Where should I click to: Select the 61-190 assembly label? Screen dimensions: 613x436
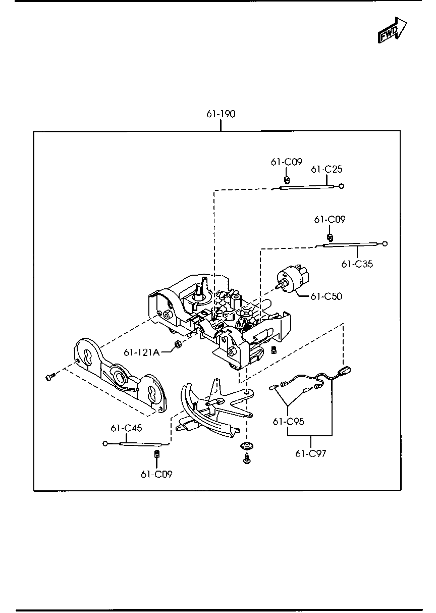[221, 114]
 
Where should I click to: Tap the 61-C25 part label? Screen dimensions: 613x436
[326, 169]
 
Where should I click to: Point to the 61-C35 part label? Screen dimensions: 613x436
[357, 264]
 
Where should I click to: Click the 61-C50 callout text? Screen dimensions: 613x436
[326, 296]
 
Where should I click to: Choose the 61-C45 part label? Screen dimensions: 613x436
[126, 428]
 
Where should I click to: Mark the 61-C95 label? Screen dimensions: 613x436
[288, 422]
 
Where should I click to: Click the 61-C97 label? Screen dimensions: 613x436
[311, 453]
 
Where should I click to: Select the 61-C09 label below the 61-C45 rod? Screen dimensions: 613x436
[156, 474]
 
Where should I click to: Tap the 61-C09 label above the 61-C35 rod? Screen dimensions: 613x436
[330, 220]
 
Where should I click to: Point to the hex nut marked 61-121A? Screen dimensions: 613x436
[178, 345]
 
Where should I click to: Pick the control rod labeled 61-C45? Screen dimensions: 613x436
[134, 444]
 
